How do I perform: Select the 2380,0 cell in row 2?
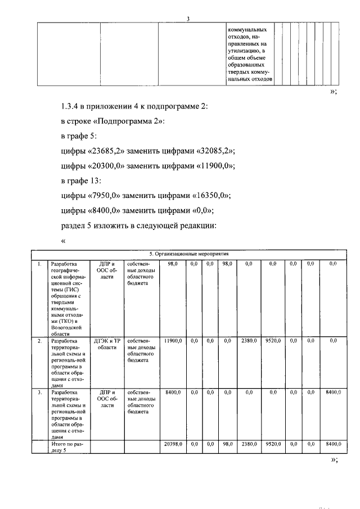coord(249,341)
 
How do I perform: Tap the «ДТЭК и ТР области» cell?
coord(107,344)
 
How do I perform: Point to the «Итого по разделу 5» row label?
coord(66,448)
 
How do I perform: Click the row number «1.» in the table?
coord(39,263)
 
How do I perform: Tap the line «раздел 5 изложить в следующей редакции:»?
coord(138,226)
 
